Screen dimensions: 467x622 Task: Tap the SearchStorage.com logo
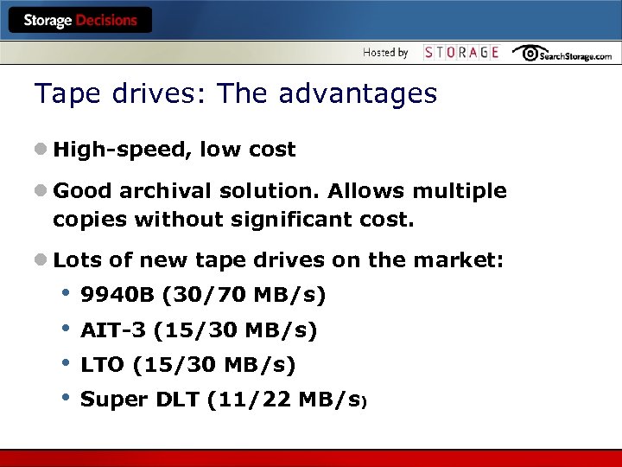pos(562,54)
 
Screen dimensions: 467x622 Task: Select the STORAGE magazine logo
pos(461,53)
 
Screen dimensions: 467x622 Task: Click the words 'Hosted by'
pos(385,53)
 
